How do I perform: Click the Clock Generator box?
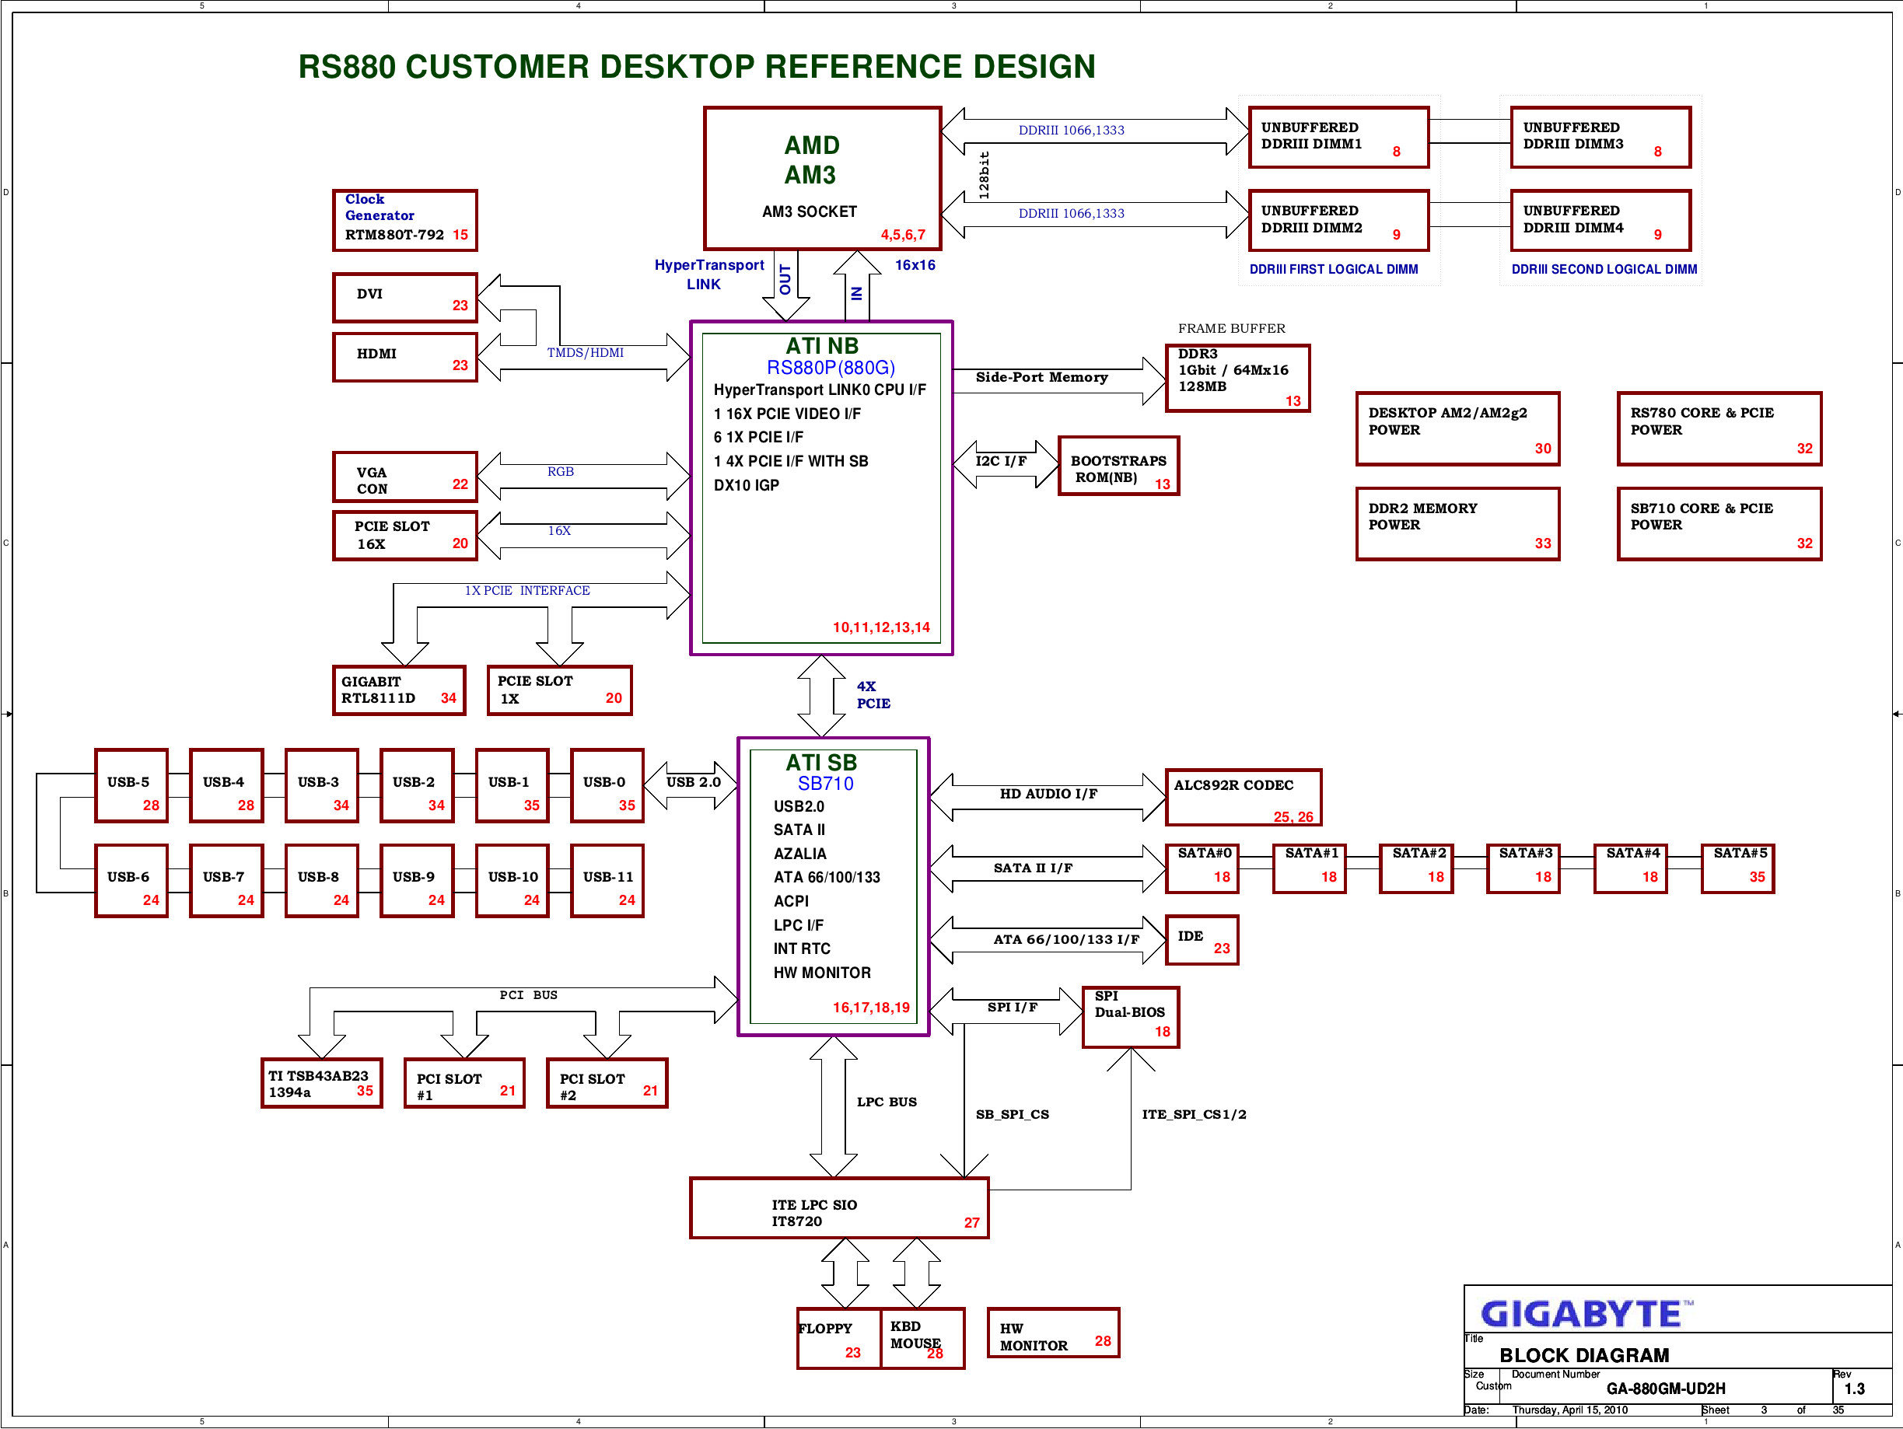tap(404, 220)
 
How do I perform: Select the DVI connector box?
tap(404, 298)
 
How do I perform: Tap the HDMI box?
tap(404, 357)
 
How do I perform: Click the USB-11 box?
tap(607, 881)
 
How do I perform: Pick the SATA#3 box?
tap(1523, 869)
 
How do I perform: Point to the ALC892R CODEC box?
tap(1244, 798)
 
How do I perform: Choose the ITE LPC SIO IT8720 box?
tap(840, 1208)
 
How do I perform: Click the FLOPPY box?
tap(839, 1338)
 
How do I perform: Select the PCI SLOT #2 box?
tap(607, 1083)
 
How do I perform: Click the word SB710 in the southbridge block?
tap(826, 784)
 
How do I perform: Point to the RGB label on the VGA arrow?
tap(560, 471)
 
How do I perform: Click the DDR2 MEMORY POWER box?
tap(1458, 524)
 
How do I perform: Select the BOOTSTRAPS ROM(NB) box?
tap(1118, 466)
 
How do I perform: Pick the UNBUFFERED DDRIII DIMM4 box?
tap(1601, 220)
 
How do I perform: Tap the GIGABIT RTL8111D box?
tap(399, 690)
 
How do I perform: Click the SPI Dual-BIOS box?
tap(1131, 1018)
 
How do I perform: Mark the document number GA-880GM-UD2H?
tap(1666, 1389)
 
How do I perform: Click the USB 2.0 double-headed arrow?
tap(691, 785)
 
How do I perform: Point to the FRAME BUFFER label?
tap(1231, 329)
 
